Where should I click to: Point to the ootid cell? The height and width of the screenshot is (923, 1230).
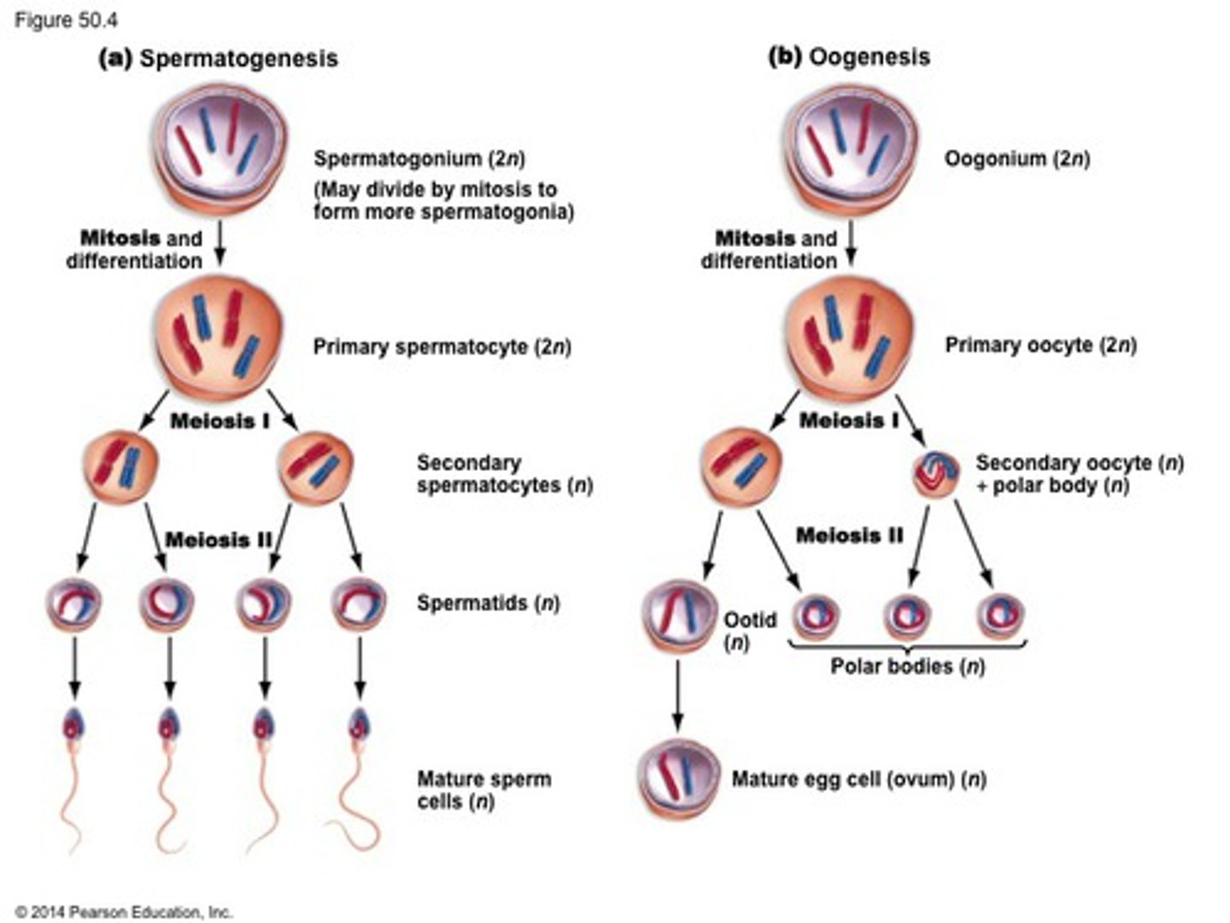pos(680,615)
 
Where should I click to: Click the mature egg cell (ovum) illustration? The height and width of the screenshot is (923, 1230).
pos(677,779)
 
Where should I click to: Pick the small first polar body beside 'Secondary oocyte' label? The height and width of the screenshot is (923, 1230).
pos(936,474)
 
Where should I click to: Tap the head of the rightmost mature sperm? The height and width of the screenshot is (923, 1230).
pos(360,726)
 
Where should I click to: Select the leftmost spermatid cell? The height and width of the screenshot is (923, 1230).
pos(73,603)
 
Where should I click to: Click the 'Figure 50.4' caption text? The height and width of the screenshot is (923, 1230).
pos(66,20)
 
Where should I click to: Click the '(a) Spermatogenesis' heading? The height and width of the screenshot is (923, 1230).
pos(219,58)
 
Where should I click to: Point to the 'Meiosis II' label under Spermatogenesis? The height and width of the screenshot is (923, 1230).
pos(219,540)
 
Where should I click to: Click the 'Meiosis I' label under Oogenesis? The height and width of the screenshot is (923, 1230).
pos(848,420)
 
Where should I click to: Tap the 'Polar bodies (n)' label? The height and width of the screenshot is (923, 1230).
pos(907,667)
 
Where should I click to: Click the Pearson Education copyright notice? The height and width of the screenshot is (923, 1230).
pos(124,912)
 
